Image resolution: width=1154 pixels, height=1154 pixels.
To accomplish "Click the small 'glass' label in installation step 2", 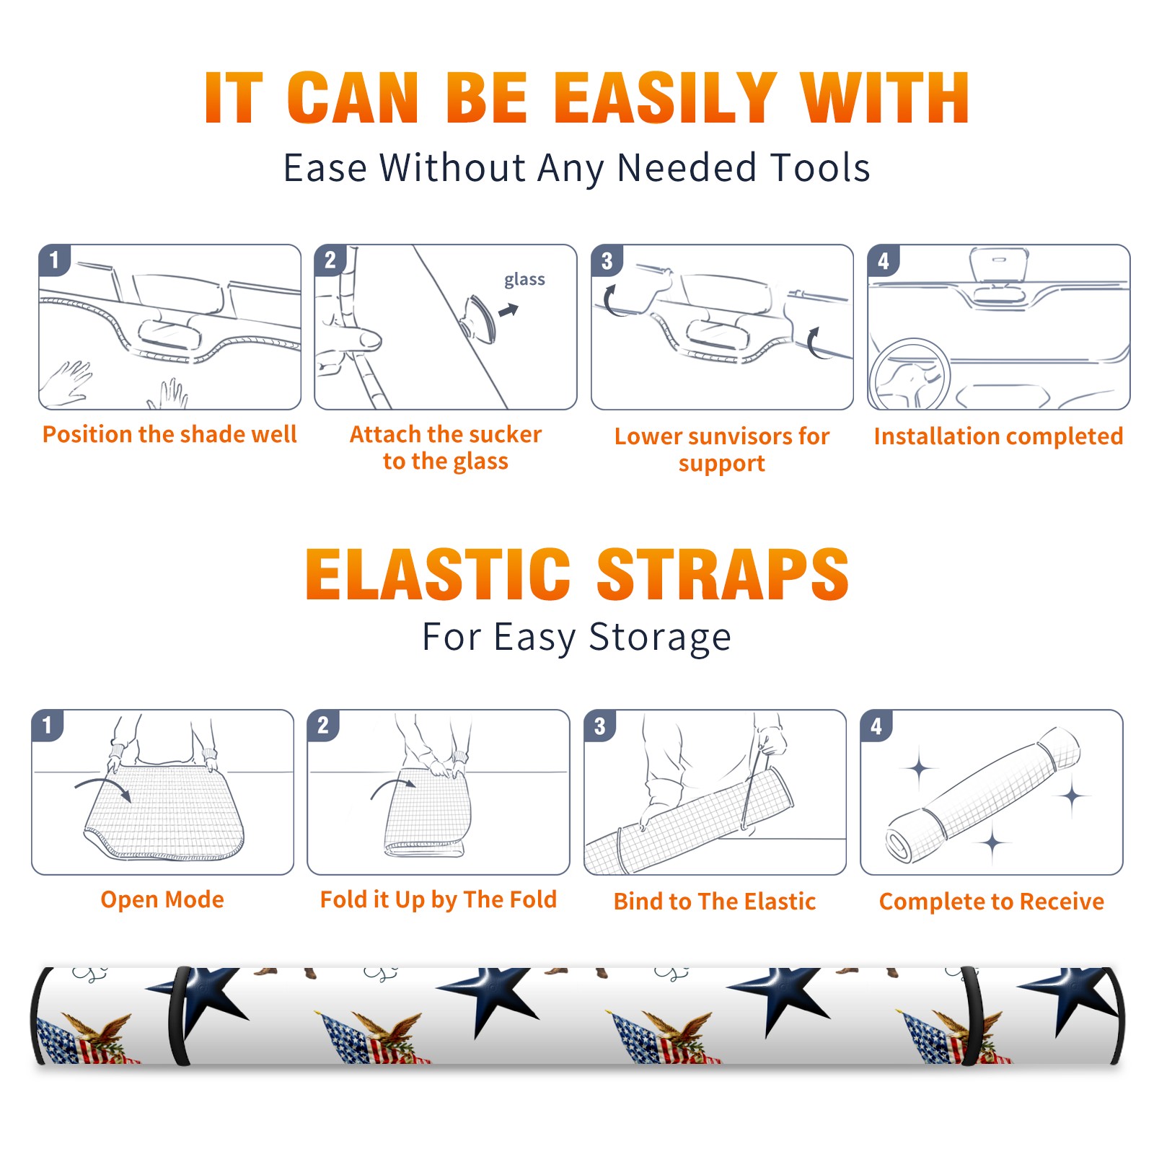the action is pyautogui.click(x=524, y=280).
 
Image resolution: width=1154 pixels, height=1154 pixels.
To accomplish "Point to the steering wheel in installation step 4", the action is pyautogui.click(x=910, y=375).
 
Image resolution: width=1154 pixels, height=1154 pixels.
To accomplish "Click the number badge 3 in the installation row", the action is pyautogui.click(x=607, y=260).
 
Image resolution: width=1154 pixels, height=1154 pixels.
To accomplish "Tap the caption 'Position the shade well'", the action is pyautogui.click(x=169, y=434).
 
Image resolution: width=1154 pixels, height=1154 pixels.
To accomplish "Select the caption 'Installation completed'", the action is pyautogui.click(x=998, y=436).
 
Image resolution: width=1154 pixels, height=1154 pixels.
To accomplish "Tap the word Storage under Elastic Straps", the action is pyautogui.click(x=660, y=638).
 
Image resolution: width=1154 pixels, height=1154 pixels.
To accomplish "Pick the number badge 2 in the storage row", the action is pyautogui.click(x=322, y=725).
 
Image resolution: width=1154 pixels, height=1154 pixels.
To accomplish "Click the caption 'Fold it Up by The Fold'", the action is pyautogui.click(x=439, y=899).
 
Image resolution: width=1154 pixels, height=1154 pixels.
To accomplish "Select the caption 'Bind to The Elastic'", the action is pyautogui.click(x=715, y=902).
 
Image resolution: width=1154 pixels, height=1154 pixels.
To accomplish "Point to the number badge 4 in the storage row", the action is pyautogui.click(x=876, y=726).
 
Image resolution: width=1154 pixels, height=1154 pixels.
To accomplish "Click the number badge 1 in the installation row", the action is pyautogui.click(x=54, y=260).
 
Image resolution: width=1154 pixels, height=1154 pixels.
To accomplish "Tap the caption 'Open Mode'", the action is pyautogui.click(x=162, y=899).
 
